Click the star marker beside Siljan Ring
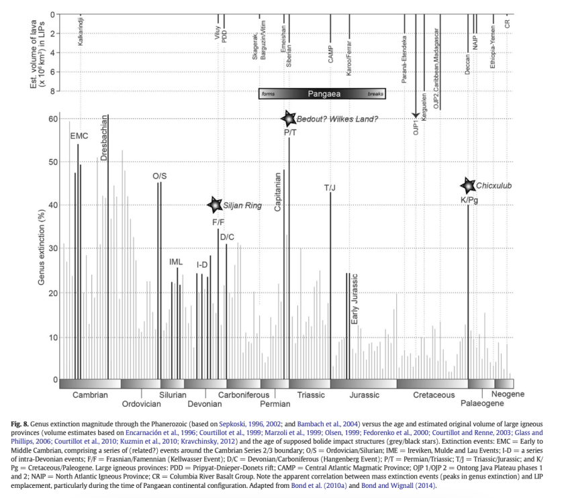214,204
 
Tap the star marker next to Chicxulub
468,186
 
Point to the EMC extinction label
79,136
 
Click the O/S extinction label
159,176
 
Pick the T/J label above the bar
330,187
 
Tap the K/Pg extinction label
469,200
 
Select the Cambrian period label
90,395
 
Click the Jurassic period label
365,395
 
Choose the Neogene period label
508,394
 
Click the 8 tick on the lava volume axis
52,91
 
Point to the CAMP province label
330,55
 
